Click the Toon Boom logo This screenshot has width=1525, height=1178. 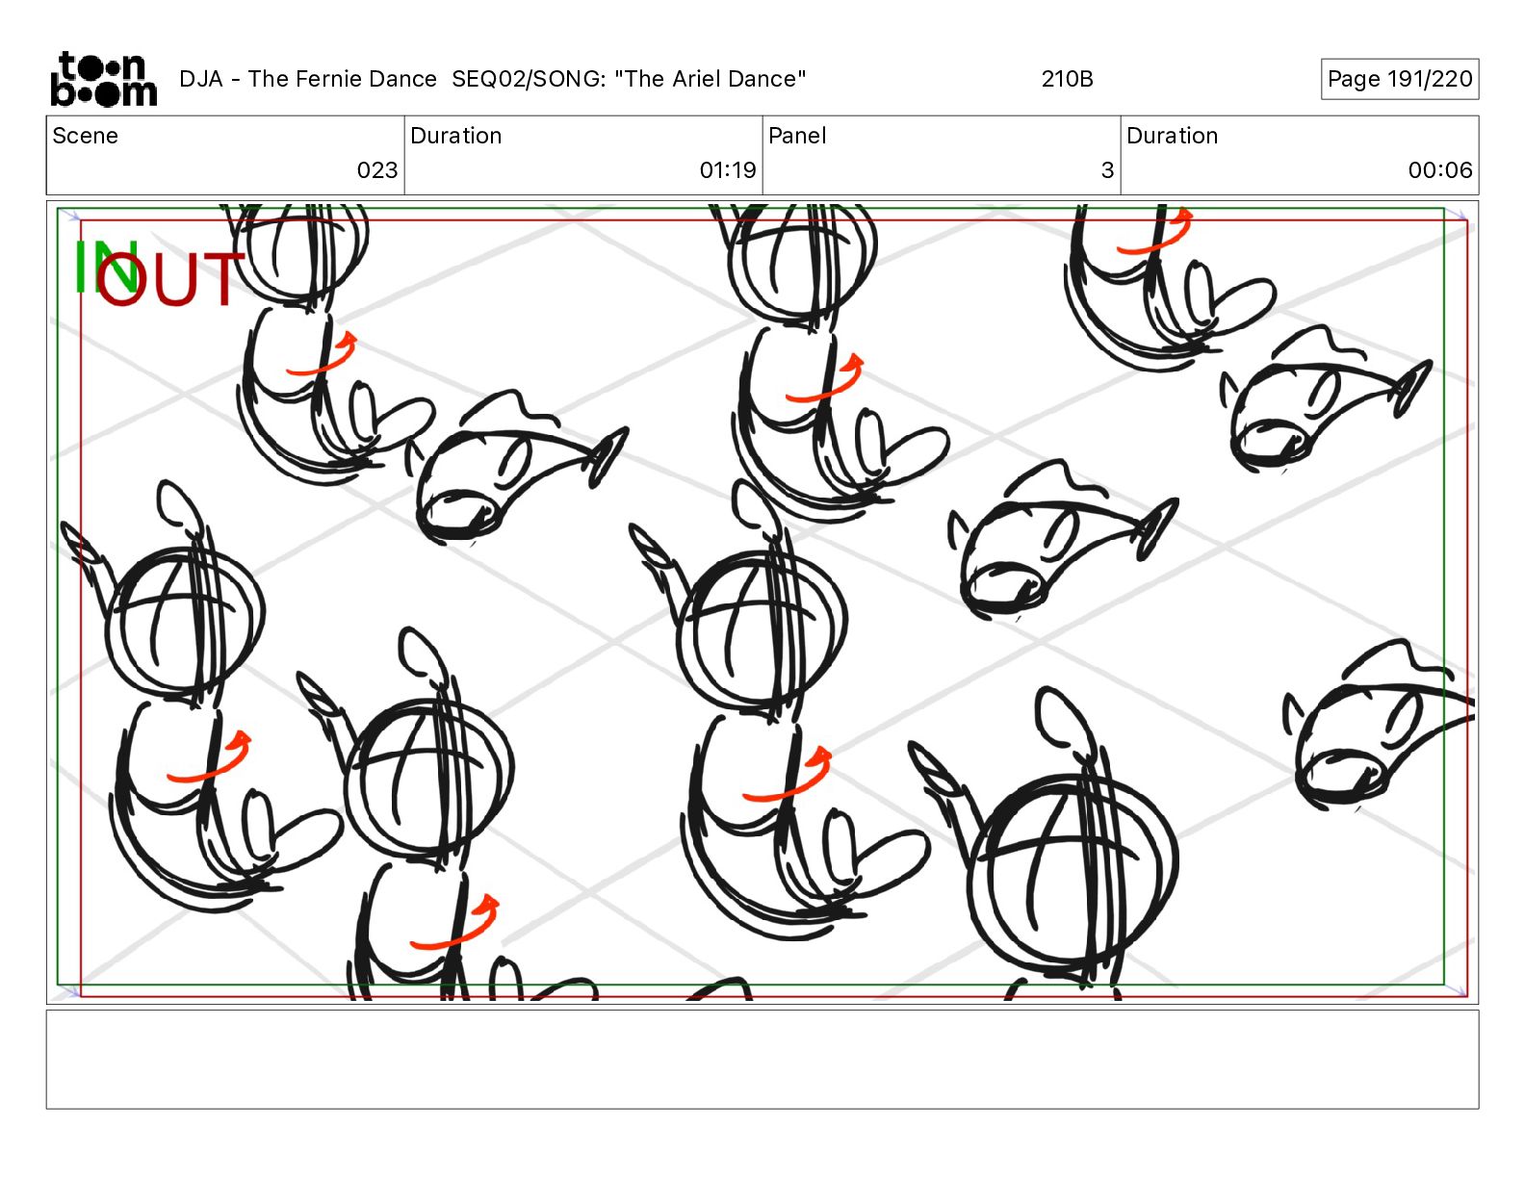pyautogui.click(x=104, y=79)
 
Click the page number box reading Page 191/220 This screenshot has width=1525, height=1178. pyautogui.click(x=1400, y=79)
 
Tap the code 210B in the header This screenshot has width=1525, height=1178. pyautogui.click(x=1067, y=79)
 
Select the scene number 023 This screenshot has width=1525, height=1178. pyautogui.click(x=376, y=169)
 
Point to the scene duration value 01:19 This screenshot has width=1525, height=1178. pyautogui.click(x=728, y=169)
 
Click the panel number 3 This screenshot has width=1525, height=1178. pyautogui.click(x=1107, y=169)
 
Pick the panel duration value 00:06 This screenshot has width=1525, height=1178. pyautogui.click(x=1440, y=169)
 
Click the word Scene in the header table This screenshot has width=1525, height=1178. pyautogui.click(x=85, y=136)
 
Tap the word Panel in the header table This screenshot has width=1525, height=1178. pyautogui.click(x=797, y=136)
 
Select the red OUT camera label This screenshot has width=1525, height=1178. pyautogui.click(x=169, y=279)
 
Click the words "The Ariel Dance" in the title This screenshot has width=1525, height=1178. pyautogui.click(x=710, y=79)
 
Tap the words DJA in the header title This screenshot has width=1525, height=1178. pyautogui.click(x=200, y=79)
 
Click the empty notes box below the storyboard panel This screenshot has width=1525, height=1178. pyautogui.click(x=762, y=1060)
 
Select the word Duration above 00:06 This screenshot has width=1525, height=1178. pyautogui.click(x=1172, y=136)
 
